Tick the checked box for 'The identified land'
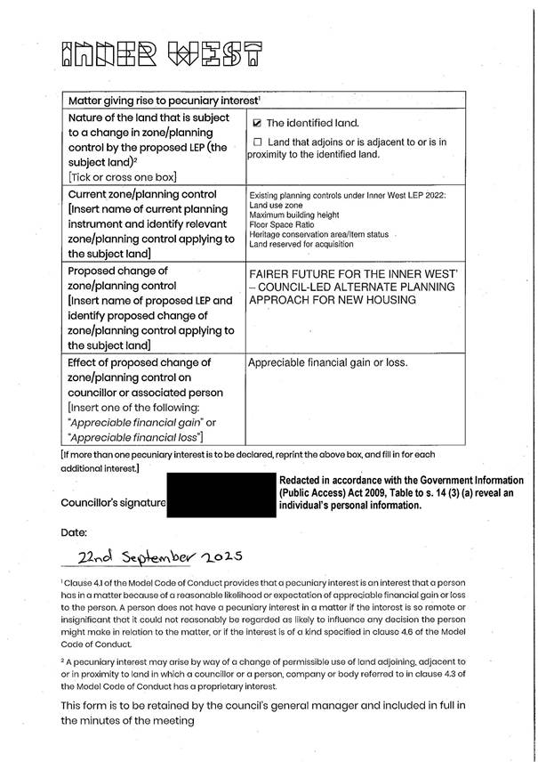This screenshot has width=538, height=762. [258, 123]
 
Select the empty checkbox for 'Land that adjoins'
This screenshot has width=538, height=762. [258, 142]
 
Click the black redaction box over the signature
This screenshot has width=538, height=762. [222, 494]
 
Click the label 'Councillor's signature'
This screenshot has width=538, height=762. [113, 502]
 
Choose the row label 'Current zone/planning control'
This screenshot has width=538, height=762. [141, 193]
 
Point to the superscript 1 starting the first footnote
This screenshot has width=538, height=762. [62, 579]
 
